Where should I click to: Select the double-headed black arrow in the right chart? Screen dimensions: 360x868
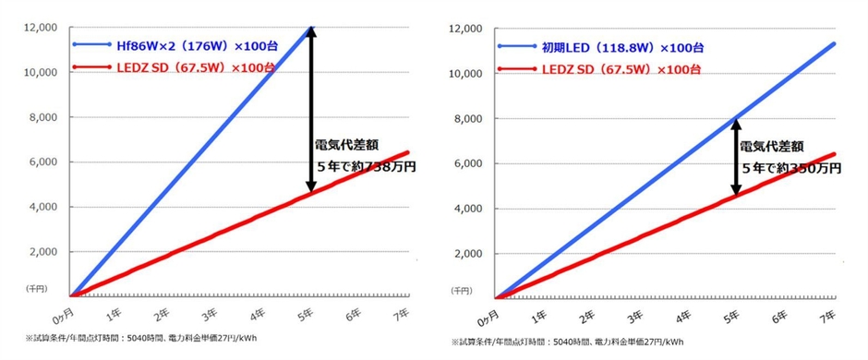click(736, 155)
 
